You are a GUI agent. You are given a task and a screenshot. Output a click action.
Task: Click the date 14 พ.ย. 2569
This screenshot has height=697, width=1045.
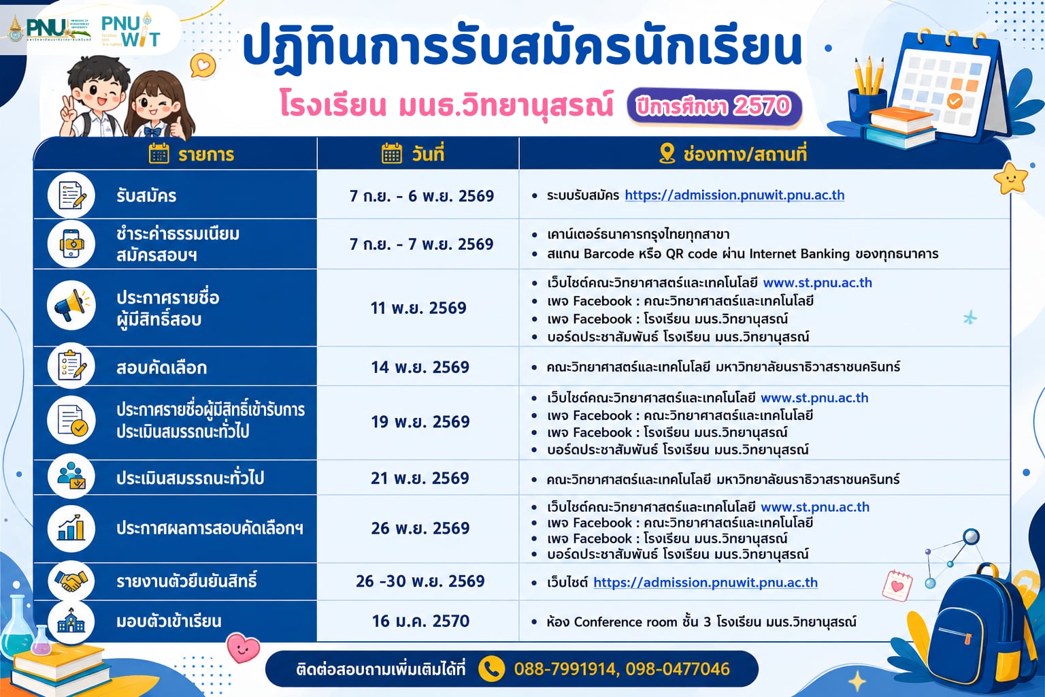[x=420, y=367]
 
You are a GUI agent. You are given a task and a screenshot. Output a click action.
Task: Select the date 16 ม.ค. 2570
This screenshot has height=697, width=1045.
[x=420, y=621]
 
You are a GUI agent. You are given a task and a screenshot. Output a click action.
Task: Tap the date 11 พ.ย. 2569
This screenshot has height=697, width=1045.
[x=418, y=308]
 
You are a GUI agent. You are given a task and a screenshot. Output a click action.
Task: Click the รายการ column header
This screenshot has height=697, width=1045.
[x=191, y=154]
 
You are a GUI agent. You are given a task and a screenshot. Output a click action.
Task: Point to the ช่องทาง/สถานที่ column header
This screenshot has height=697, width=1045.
[x=733, y=154]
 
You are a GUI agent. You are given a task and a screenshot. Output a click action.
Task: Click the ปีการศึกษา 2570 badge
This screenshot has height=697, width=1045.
[x=714, y=107]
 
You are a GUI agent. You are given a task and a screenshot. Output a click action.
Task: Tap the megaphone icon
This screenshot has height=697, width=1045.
[x=71, y=306]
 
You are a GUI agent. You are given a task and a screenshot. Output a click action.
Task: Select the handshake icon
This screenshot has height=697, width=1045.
[x=71, y=581]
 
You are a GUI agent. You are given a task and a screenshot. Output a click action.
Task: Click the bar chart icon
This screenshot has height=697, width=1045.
[x=71, y=528]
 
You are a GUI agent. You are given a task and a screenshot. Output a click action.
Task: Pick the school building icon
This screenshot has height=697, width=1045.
[x=71, y=621]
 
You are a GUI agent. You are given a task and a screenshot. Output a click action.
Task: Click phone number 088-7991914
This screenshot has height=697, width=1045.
[x=565, y=669]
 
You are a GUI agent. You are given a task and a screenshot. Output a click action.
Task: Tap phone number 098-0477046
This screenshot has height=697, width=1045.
[x=678, y=669]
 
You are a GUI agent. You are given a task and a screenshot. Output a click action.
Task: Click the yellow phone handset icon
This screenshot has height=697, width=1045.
[x=492, y=669]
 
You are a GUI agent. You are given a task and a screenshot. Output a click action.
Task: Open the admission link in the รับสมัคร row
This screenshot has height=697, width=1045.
[x=735, y=195]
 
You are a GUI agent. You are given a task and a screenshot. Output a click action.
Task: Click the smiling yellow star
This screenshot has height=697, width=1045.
[x=1011, y=178]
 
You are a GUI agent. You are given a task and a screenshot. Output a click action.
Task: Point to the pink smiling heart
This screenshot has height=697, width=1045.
[x=243, y=647]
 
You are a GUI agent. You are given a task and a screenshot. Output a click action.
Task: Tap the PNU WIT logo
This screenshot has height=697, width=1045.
[x=131, y=29]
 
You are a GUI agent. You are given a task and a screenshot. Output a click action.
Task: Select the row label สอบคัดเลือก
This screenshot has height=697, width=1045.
[x=161, y=368]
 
